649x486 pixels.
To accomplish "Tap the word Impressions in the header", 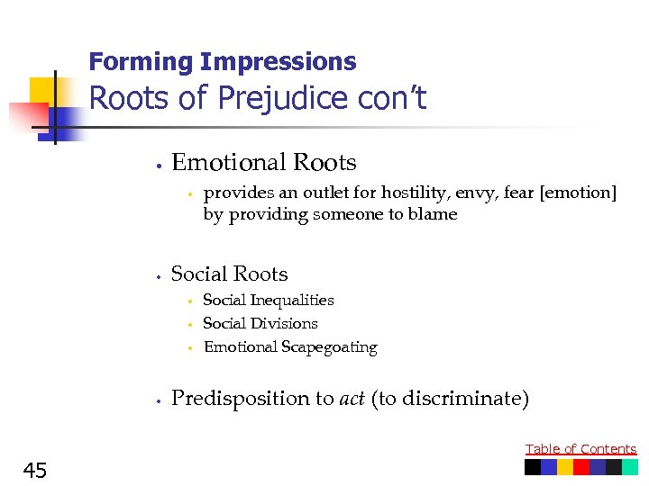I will coord(279,62).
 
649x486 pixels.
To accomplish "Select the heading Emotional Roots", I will coord(263,163).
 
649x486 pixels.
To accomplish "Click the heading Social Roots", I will coord(229,274).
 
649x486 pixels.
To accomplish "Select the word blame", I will coord(435,214).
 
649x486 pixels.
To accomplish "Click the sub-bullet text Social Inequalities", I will coord(268,301).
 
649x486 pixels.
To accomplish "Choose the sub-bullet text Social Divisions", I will coord(260,324).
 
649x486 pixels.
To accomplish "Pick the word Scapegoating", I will coord(333,347).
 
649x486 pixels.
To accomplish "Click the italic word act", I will coord(352,399).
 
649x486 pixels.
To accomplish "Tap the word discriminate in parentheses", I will coord(467,399).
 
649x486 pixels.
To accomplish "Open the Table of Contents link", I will coord(580,449).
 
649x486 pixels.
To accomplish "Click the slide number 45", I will coord(36,470).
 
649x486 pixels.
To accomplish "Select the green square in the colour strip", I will coord(630,467).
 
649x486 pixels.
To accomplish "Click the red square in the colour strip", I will coord(581,467).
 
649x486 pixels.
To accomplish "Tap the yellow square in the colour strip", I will coord(565,467).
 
